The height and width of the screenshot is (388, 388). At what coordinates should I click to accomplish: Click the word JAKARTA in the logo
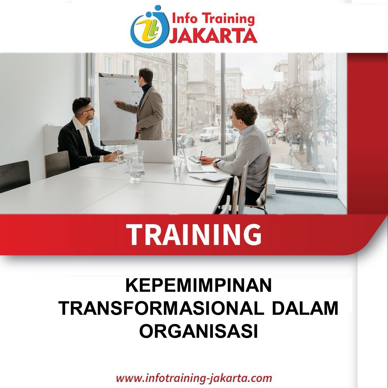(x=213, y=36)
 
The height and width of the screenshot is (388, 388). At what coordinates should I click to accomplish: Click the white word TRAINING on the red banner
(x=194, y=234)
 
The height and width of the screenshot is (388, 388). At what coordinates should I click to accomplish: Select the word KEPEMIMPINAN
(x=198, y=285)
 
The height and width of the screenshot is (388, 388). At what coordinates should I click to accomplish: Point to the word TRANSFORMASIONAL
(x=161, y=308)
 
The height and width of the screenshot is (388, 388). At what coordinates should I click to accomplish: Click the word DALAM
(x=305, y=308)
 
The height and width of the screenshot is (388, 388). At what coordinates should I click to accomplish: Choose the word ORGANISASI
(x=199, y=331)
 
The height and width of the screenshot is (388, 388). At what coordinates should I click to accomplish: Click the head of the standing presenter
(x=146, y=75)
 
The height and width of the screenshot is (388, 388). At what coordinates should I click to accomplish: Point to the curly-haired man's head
(x=243, y=115)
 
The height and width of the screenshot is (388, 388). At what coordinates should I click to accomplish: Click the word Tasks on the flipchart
(x=109, y=83)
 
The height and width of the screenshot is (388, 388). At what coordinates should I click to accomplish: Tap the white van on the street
(x=209, y=134)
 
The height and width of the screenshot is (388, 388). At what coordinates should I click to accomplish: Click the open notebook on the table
(x=211, y=177)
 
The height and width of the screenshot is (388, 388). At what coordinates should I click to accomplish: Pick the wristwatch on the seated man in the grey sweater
(x=217, y=162)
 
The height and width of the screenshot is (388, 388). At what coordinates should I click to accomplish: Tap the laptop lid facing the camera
(x=156, y=152)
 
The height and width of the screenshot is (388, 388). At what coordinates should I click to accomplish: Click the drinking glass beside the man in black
(x=120, y=157)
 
